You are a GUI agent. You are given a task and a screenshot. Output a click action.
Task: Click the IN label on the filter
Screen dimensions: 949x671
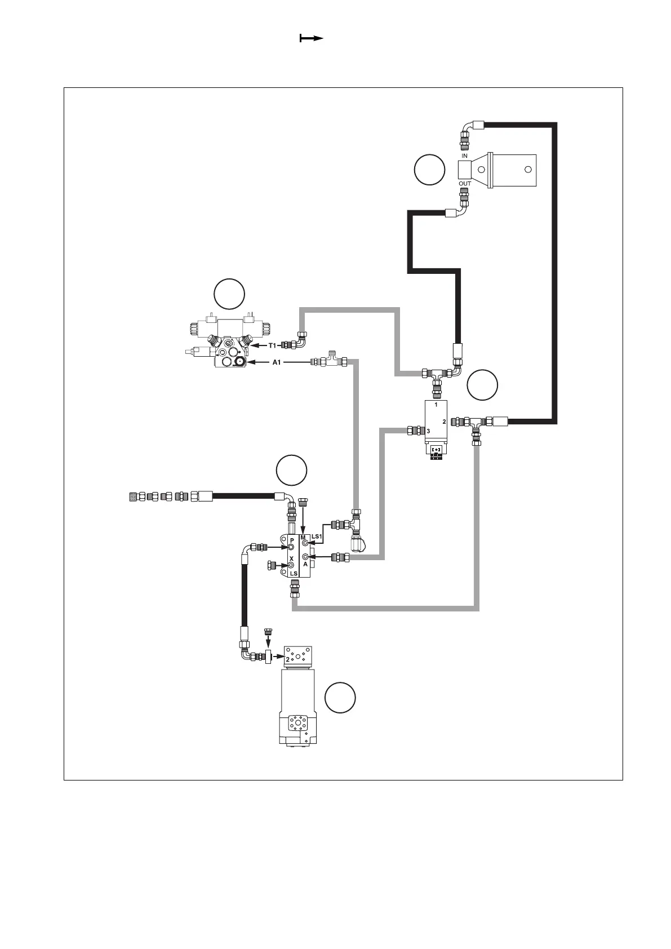coord(464,156)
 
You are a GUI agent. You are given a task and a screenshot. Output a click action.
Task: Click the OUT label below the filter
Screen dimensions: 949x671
coord(464,184)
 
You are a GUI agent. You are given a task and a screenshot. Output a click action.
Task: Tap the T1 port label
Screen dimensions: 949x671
coord(272,345)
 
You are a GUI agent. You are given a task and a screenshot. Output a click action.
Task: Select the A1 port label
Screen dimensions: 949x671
coord(276,362)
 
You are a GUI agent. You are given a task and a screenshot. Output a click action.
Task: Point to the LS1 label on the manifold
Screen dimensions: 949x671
coord(317,536)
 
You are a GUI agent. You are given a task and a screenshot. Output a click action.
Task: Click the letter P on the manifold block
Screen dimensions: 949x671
coord(291,540)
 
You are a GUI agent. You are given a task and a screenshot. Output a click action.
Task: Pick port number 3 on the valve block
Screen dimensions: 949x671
coord(428,431)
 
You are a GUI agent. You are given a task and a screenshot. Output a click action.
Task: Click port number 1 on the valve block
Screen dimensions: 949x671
coord(436,405)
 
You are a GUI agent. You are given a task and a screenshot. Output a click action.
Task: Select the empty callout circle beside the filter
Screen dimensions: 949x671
coord(429,170)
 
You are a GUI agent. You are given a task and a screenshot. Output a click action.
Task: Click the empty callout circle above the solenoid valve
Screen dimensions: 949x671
coord(229,294)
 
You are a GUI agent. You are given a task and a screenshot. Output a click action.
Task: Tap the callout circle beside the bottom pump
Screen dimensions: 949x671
coord(340,698)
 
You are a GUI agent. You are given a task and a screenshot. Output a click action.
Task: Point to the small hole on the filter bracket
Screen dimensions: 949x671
coord(528,169)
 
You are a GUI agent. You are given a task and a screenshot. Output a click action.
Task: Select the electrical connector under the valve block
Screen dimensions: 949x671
coord(437,451)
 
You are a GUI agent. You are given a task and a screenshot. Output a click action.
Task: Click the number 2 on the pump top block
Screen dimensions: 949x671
coord(288,658)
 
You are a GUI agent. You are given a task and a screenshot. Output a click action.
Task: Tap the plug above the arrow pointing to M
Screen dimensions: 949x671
coord(304,500)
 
